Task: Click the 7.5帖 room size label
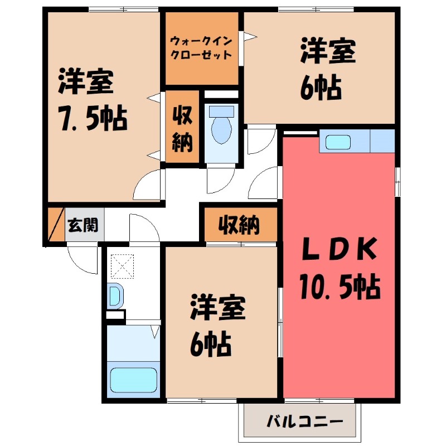[94, 118]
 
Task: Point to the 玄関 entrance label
[83, 225]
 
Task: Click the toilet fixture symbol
[221, 125]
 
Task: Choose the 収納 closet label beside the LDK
[239, 225]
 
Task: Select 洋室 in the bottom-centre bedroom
[219, 311]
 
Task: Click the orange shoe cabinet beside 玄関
[56, 225]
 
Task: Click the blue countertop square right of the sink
[382, 141]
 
